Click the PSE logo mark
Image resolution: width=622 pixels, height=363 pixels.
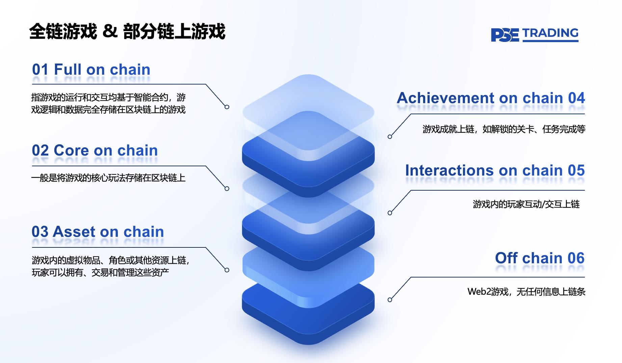504,35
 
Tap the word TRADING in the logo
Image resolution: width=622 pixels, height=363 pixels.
550,33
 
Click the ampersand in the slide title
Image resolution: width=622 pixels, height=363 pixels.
110,31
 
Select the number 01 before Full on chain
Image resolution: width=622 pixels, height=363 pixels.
40,70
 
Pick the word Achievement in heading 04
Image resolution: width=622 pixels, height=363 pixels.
446,98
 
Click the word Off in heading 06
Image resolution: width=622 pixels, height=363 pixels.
506,258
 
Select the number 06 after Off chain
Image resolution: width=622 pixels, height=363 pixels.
576,258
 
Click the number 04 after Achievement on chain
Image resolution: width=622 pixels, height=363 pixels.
576,98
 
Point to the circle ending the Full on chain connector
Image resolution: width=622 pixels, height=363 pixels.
227,107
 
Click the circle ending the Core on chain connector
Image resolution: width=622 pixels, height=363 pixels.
227,189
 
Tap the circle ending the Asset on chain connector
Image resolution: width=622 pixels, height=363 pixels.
227,270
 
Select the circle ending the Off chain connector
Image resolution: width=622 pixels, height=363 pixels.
390,300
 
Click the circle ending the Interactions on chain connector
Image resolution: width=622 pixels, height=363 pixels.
390,213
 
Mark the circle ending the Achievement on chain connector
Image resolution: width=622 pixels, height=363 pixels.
390,137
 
